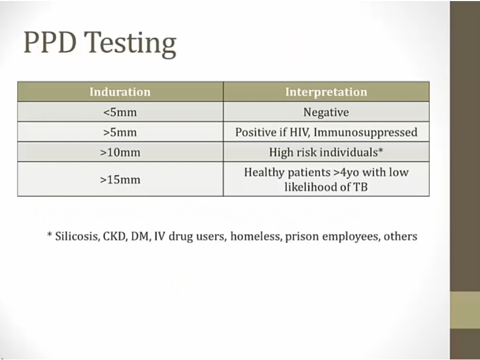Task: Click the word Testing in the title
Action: tap(130, 44)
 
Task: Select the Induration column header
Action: tap(120, 92)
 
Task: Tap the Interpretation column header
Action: tap(326, 92)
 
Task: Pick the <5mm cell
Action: tap(120, 112)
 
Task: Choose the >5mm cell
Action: tap(120, 132)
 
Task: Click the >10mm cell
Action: tap(120, 152)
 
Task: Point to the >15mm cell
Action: tap(120, 179)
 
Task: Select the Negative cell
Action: tap(326, 113)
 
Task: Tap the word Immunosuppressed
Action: tap(365, 133)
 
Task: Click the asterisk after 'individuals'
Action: tap(381, 150)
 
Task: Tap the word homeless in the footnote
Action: tap(256, 236)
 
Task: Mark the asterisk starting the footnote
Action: tap(50, 235)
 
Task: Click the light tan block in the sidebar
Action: tap(465, 310)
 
